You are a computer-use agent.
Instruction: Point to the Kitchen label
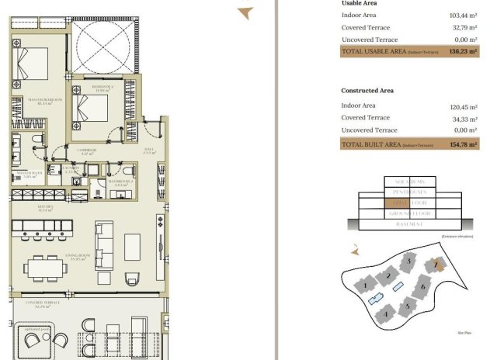point(44,208)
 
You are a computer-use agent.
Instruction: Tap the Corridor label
point(87,151)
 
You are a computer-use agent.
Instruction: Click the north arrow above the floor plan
point(245,12)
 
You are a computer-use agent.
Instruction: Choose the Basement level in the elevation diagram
point(409,224)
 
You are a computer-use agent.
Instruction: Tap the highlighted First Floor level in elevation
point(409,202)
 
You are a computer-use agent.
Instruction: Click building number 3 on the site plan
point(409,263)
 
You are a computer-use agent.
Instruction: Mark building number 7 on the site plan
point(437,265)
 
